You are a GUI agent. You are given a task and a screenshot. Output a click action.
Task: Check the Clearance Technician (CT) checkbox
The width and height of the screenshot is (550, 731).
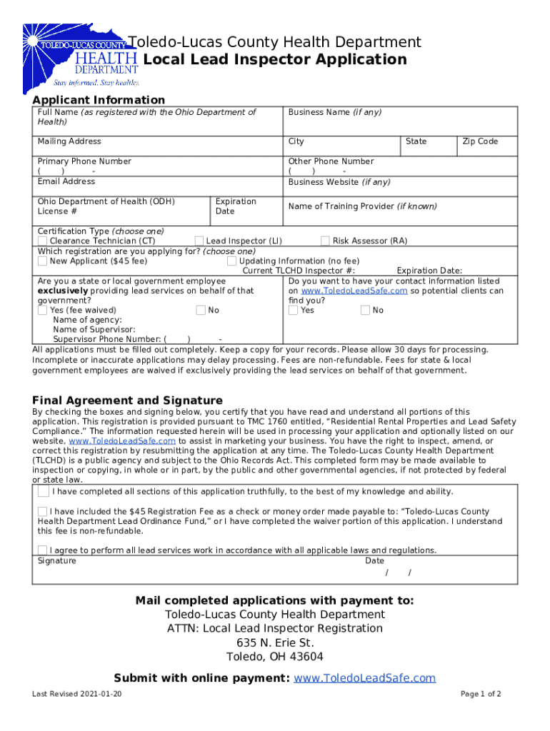pyautogui.click(x=43, y=241)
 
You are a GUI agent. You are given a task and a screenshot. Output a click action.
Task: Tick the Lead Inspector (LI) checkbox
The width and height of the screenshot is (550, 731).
pyautogui.click(x=199, y=241)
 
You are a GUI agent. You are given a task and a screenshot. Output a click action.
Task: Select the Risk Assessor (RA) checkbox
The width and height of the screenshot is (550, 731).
pyautogui.click(x=325, y=241)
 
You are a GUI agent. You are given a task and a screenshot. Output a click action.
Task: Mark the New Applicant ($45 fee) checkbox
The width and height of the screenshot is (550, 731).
pyautogui.click(x=43, y=261)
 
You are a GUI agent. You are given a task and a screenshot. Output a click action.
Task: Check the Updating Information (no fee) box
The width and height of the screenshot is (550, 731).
pyautogui.click(x=231, y=261)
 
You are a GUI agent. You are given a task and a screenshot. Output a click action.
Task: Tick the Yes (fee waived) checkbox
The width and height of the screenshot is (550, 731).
pyautogui.click(x=43, y=311)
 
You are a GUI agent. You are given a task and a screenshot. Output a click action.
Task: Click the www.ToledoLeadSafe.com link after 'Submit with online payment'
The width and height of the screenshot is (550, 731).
pyautogui.click(x=364, y=678)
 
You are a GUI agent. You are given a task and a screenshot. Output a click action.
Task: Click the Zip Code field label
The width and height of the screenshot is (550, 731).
pyautogui.click(x=480, y=141)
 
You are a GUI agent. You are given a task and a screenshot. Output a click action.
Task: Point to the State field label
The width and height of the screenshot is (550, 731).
pyautogui.click(x=416, y=141)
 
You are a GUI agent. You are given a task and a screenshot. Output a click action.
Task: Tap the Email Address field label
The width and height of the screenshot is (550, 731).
pyautogui.click(x=66, y=181)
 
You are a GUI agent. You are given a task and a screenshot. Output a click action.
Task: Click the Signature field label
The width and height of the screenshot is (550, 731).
pyautogui.click(x=56, y=560)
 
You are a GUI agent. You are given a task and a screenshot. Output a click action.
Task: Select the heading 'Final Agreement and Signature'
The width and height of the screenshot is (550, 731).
pyautogui.click(x=127, y=400)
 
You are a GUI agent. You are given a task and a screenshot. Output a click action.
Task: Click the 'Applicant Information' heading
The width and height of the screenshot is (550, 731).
pyautogui.click(x=99, y=100)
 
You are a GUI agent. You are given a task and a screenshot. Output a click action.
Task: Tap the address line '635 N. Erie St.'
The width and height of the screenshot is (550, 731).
pyautogui.click(x=275, y=642)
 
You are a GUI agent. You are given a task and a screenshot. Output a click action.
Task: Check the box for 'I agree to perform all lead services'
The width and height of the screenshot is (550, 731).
pyautogui.click(x=44, y=550)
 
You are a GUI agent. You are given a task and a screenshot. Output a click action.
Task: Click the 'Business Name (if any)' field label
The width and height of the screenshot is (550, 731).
pyautogui.click(x=334, y=113)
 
